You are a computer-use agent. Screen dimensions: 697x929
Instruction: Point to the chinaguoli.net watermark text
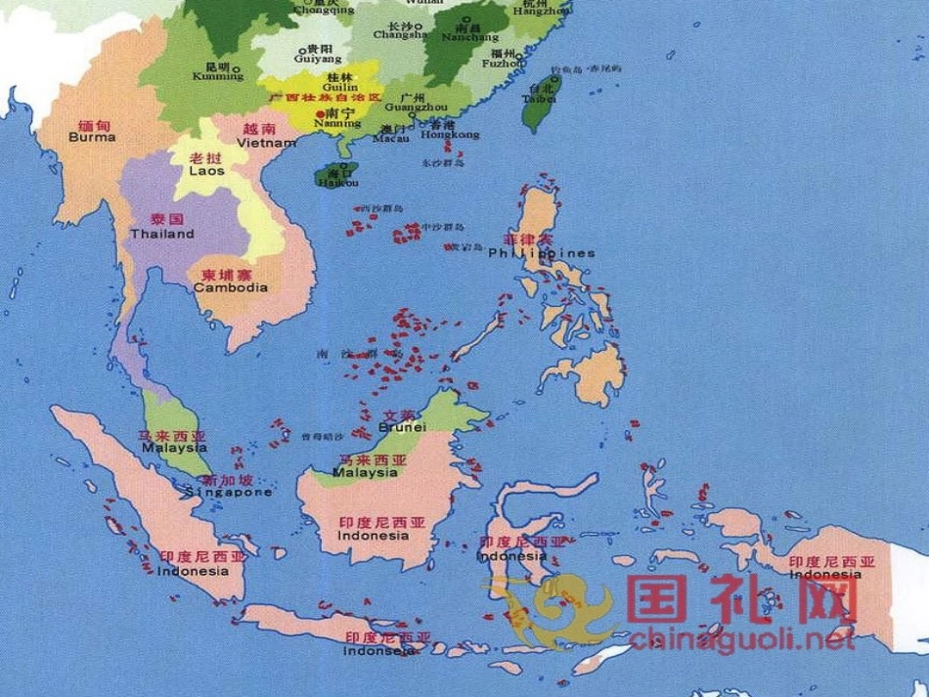(x=742, y=640)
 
